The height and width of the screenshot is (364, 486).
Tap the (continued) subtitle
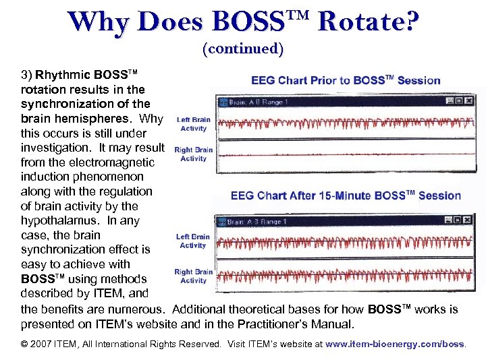pyautogui.click(x=243, y=49)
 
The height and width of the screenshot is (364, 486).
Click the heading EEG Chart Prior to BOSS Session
pyautogui.click(x=346, y=81)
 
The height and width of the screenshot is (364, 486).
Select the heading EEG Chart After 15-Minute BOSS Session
pyautogui.click(x=346, y=196)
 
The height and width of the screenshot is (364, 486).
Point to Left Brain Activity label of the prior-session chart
pyautogui.click(x=194, y=124)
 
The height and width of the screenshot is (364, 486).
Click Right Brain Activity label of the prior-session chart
pyautogui.click(x=194, y=154)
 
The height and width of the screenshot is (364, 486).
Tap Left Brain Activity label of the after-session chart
pyautogui.click(x=193, y=241)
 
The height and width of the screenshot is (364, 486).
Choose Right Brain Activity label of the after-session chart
pyautogui.click(x=193, y=276)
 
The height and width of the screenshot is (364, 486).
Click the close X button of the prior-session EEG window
pyautogui.click(x=468, y=101)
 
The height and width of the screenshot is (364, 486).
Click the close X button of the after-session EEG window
pyautogui.click(x=468, y=220)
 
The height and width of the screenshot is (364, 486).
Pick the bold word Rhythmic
pyautogui.click(x=63, y=75)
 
